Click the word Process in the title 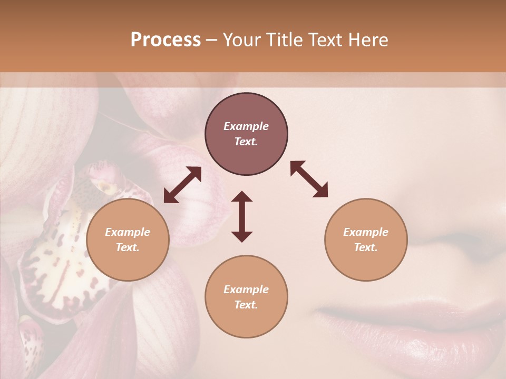pos(166,40)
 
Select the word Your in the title pos(242,40)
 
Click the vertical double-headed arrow pos(242,216)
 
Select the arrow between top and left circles pos(182,185)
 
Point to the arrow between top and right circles pos(309,179)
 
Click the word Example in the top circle pos(246,126)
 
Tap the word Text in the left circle pos(128,247)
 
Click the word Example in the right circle pos(366,232)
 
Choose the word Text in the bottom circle pos(246,305)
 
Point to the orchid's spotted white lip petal pos(63,263)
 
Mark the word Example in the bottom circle pos(246,290)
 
